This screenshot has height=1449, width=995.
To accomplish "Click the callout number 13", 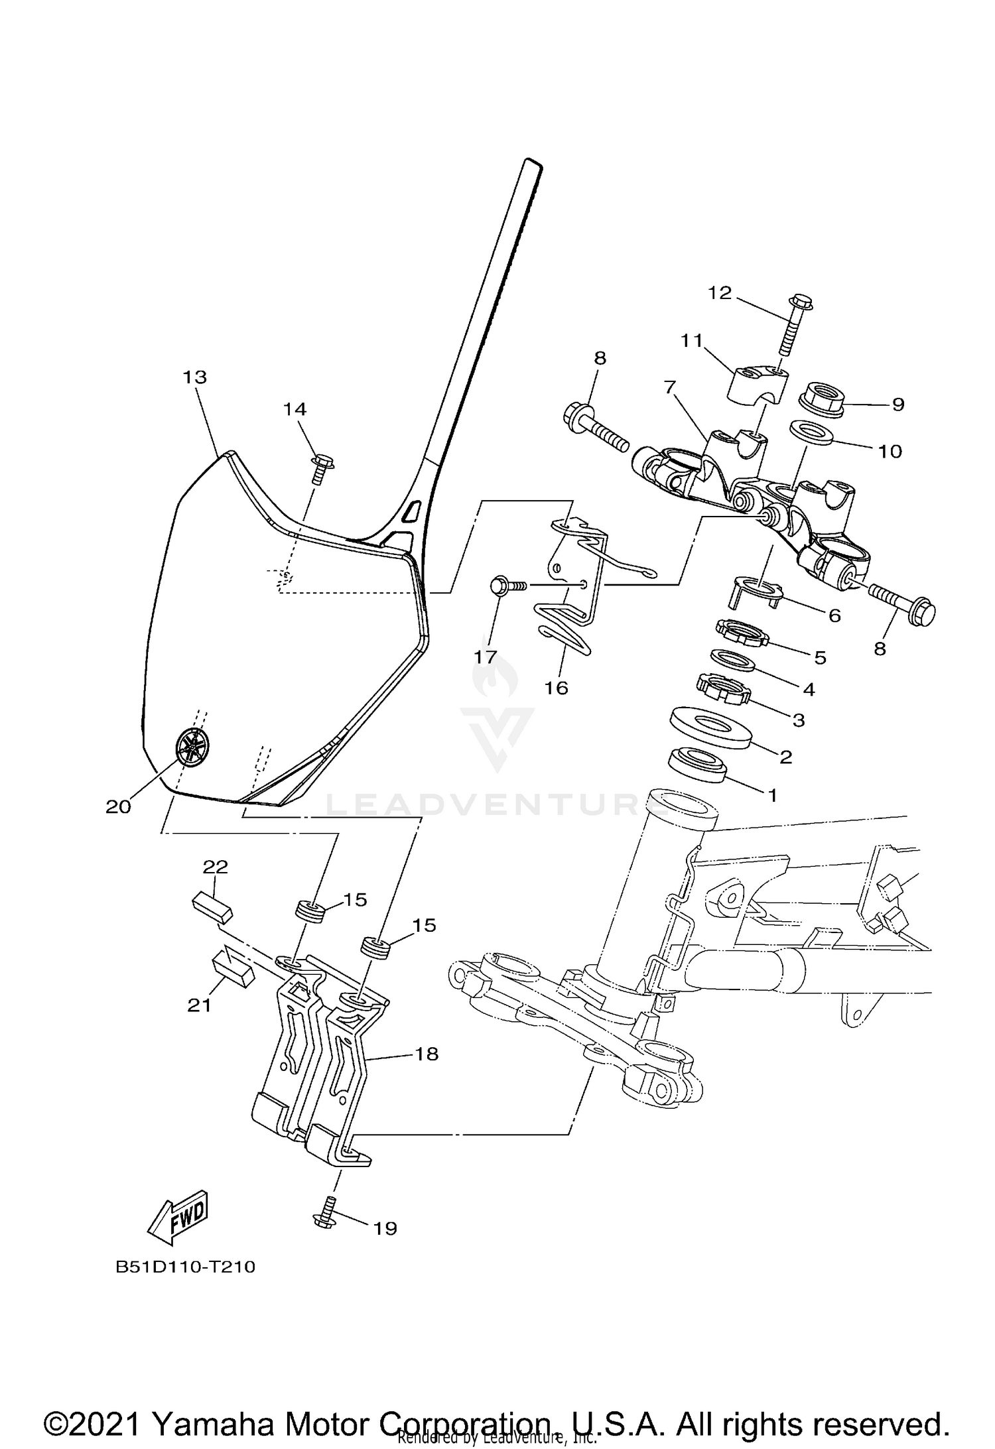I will click(x=195, y=377).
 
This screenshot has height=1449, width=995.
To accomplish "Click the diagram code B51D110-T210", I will click(x=185, y=1267).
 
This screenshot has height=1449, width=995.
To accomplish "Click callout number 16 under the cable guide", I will click(x=557, y=688).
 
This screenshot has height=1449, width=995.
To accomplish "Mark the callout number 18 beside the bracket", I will click(x=427, y=1054).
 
